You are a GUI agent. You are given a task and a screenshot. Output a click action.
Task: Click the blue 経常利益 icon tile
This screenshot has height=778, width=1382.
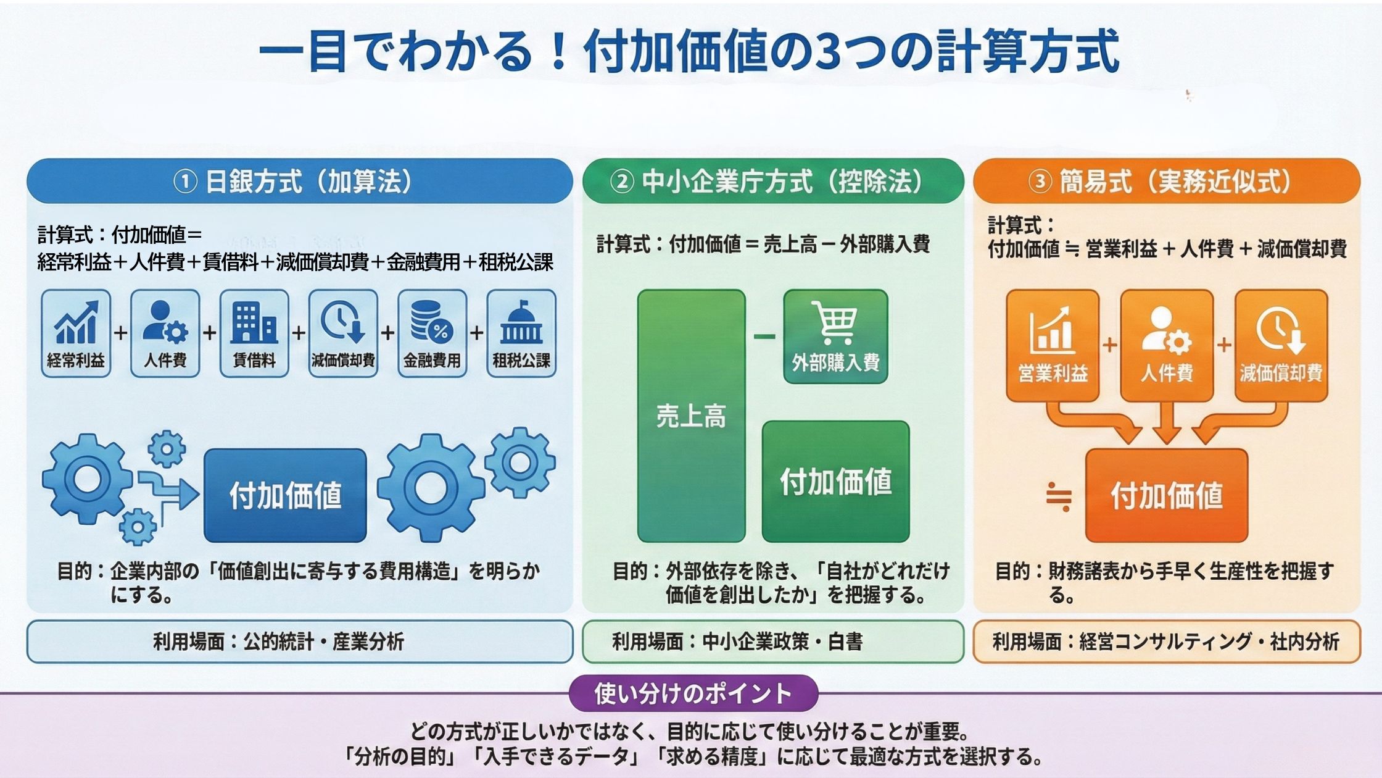pos(76,333)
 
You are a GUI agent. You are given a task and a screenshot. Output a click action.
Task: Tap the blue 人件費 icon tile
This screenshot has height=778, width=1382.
pos(165,333)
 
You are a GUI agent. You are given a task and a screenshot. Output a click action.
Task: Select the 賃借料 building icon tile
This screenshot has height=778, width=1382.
pos(254,333)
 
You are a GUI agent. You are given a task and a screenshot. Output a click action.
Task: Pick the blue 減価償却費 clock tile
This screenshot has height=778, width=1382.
pos(343,333)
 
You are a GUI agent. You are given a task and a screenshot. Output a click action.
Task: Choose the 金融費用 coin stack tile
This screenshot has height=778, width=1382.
pos(432,333)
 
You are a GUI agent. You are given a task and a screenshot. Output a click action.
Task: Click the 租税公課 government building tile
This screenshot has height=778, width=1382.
pos(521,333)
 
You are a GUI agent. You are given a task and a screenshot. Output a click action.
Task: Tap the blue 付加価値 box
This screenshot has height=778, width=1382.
pos(285,495)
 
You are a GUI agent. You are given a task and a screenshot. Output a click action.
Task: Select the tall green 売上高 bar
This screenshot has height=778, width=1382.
pos(691,416)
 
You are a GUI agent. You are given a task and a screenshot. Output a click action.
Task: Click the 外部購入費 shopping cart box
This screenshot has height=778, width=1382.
pos(835,337)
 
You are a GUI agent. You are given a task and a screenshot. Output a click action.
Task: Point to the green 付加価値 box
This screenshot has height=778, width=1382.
pos(835,482)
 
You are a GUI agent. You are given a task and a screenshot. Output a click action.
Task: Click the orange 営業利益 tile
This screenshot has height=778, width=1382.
pos(1053,346)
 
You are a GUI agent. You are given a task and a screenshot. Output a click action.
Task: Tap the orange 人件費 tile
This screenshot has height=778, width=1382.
pos(1167,346)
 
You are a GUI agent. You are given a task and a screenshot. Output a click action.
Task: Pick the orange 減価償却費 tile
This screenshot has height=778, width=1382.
pos(1281,346)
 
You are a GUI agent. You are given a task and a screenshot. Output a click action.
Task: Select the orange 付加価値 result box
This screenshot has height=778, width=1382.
pos(1166,495)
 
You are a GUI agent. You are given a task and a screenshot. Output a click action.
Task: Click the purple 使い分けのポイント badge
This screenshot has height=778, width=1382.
pos(693,693)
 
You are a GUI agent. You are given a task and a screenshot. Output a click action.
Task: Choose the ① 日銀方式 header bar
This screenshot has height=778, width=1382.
pos(300,182)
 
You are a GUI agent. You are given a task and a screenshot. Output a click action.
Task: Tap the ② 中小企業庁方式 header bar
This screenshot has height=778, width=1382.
pos(772,182)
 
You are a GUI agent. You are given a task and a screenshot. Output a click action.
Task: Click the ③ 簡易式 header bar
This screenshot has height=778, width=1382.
pos(1166,182)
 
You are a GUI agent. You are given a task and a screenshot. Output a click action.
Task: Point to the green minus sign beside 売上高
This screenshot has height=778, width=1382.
pos(764,337)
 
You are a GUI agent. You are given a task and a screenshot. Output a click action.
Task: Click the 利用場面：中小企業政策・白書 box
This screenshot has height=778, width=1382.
pos(772,642)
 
